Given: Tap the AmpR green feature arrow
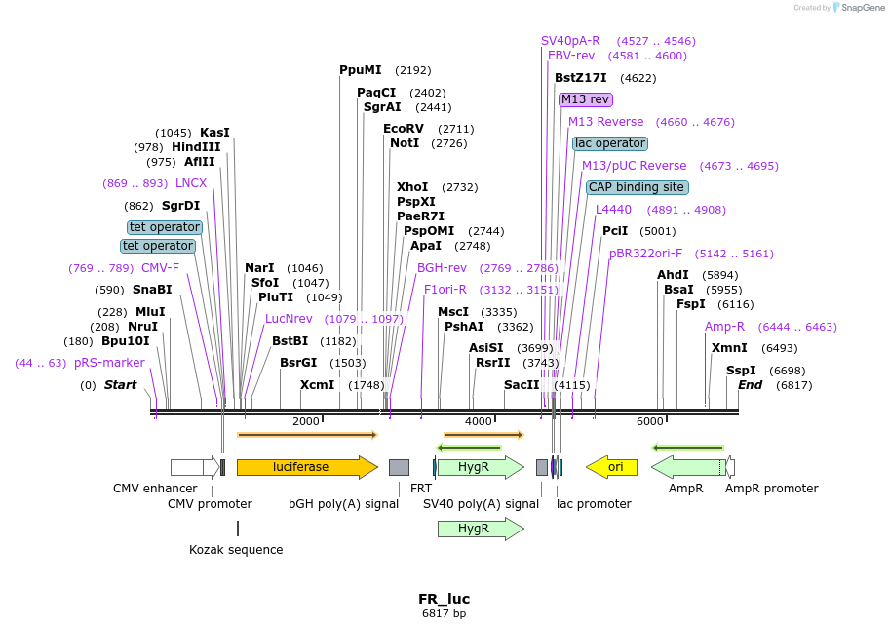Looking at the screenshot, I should pyautogui.click(x=687, y=467).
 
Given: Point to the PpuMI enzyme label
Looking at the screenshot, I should pyautogui.click(x=360, y=70).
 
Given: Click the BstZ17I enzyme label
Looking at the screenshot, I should pyautogui.click(x=581, y=78).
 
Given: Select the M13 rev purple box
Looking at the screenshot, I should pyautogui.click(x=585, y=99).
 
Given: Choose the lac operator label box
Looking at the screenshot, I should pyautogui.click(x=610, y=143).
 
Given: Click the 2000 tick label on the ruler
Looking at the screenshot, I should pyautogui.click(x=306, y=421).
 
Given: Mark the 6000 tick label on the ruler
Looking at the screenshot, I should pyautogui.click(x=650, y=421).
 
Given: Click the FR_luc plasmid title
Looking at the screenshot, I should pyautogui.click(x=444, y=599).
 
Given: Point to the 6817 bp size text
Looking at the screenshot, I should pyautogui.click(x=444, y=614).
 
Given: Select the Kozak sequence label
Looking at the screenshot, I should pyautogui.click(x=236, y=550).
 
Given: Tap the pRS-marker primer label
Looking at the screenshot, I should pyautogui.click(x=109, y=363).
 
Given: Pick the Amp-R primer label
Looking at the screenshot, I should pyautogui.click(x=724, y=327).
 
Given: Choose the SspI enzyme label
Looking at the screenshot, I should pyautogui.click(x=741, y=371).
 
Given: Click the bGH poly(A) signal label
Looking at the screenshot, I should pyautogui.click(x=343, y=504).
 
